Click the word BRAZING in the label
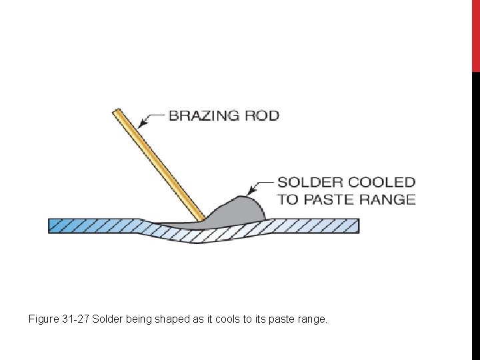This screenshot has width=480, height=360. click(x=203, y=115)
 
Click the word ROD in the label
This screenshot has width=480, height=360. click(x=262, y=115)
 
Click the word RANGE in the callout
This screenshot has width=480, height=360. click(x=387, y=199)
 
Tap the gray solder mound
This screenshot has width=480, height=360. click(x=240, y=210)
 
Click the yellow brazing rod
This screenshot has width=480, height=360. click(x=160, y=167)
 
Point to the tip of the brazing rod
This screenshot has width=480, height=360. click(x=202, y=219)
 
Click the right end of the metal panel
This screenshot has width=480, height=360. click(x=357, y=225)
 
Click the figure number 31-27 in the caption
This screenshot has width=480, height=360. click(x=75, y=319)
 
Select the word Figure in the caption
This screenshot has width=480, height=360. click(x=43, y=319)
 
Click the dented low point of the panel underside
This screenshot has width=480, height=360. click(x=193, y=241)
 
